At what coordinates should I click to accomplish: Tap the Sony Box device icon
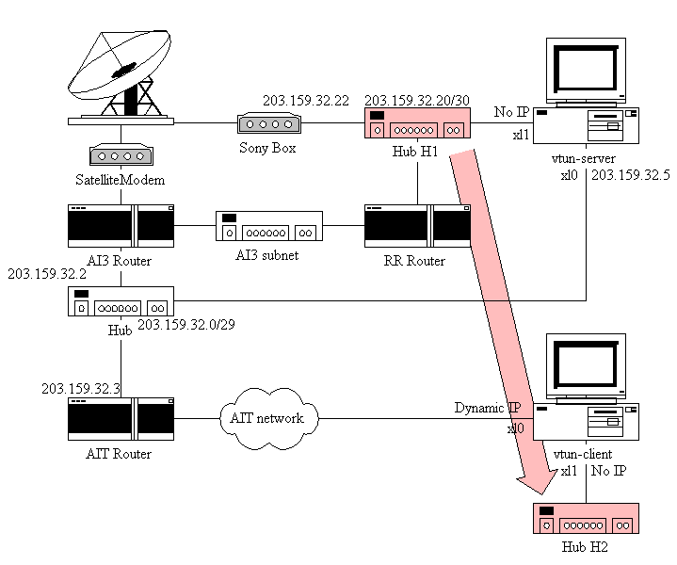(x=268, y=123)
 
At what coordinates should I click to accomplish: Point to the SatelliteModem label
(x=121, y=180)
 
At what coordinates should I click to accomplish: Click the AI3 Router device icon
(x=121, y=227)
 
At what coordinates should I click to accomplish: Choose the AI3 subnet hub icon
(x=269, y=229)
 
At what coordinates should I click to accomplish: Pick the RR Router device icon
(x=417, y=227)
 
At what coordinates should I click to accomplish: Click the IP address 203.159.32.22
(x=306, y=101)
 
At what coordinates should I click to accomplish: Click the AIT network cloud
(x=268, y=417)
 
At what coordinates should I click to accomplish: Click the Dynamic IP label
(x=487, y=408)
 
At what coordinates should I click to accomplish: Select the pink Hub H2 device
(x=587, y=521)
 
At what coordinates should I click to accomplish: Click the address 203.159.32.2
(x=47, y=274)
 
